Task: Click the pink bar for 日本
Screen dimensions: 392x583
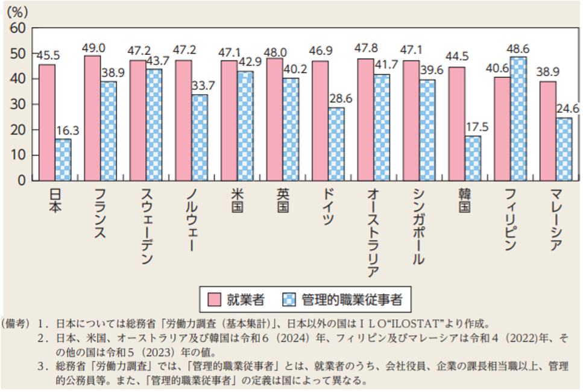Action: pyautogui.click(x=47, y=122)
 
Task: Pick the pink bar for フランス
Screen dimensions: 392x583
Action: pyautogui.click(x=92, y=118)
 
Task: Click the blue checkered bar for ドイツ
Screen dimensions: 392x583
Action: pyautogui.click(x=336, y=144)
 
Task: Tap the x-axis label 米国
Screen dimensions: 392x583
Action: pyautogui.click(x=236, y=201)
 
